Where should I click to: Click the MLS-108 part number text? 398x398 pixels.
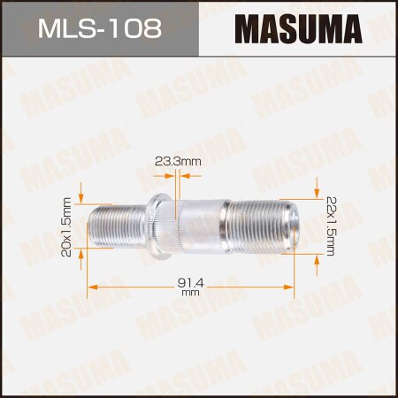99,29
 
